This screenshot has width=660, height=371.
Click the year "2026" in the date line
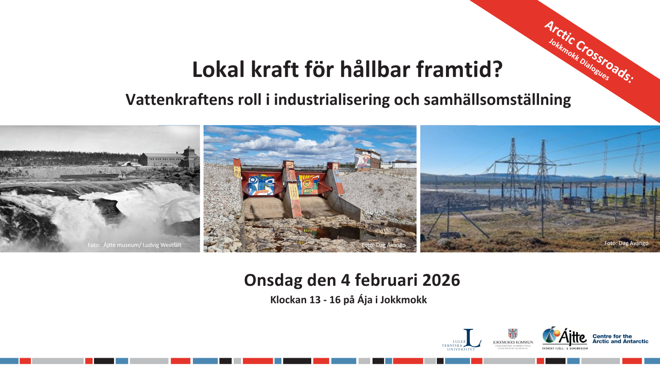click(x=438, y=280)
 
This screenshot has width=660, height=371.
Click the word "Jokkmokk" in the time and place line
click(x=405, y=300)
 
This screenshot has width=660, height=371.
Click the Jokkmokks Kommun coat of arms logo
click(x=513, y=334)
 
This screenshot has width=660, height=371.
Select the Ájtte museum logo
click(x=565, y=338)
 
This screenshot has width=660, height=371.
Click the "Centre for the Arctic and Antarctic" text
click(x=620, y=339)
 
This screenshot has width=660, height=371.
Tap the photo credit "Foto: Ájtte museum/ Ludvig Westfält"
click(x=134, y=245)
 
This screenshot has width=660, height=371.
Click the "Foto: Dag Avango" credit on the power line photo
click(x=626, y=243)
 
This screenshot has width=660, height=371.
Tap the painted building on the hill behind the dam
click(x=367, y=159)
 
